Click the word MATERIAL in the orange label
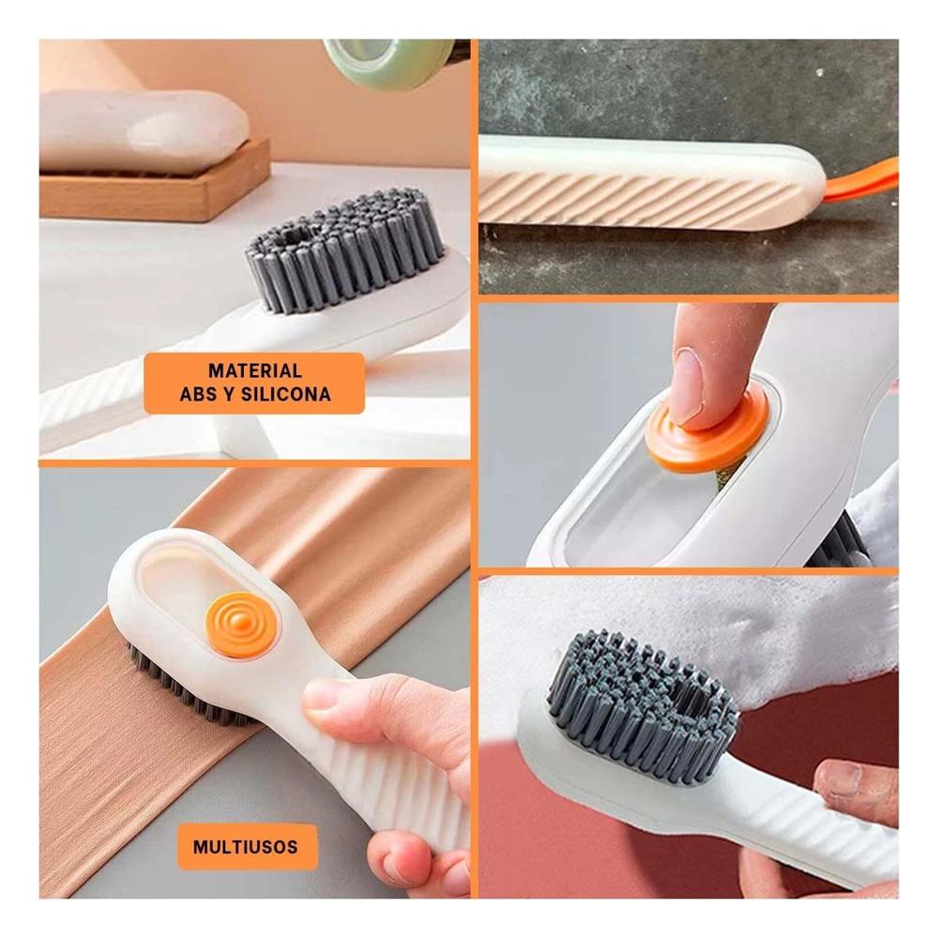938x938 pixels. point(254,371)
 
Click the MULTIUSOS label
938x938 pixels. point(246,847)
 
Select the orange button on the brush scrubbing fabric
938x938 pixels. point(242,624)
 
